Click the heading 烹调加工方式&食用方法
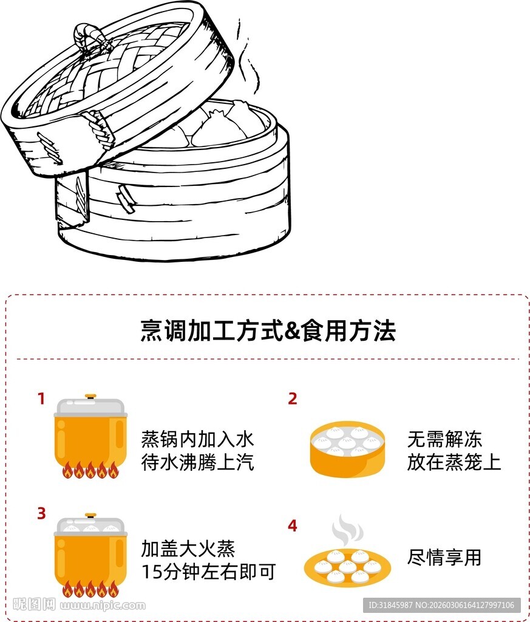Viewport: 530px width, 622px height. (268, 331)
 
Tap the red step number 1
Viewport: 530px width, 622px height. (41, 399)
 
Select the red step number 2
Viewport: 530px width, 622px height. (293, 399)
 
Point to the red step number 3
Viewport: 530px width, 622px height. (41, 514)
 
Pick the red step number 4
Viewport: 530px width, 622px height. (293, 526)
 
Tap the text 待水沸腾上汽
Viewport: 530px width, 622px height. (197, 463)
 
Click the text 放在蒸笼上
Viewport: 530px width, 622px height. (454, 462)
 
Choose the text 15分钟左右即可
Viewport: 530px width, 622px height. (208, 572)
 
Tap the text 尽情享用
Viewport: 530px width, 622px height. (444, 558)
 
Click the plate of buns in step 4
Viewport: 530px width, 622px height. (347, 567)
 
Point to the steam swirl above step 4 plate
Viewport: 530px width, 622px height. (348, 530)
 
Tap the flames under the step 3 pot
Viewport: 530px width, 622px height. (90, 588)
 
